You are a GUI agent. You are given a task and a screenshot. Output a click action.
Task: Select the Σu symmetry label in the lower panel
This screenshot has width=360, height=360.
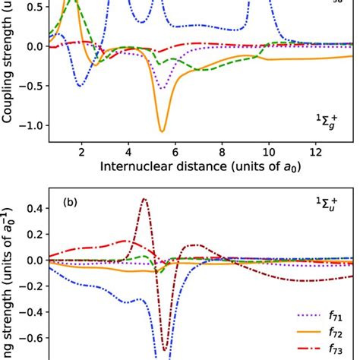[328, 204]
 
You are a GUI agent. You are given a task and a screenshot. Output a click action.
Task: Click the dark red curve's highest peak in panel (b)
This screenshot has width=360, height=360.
[144, 199]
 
